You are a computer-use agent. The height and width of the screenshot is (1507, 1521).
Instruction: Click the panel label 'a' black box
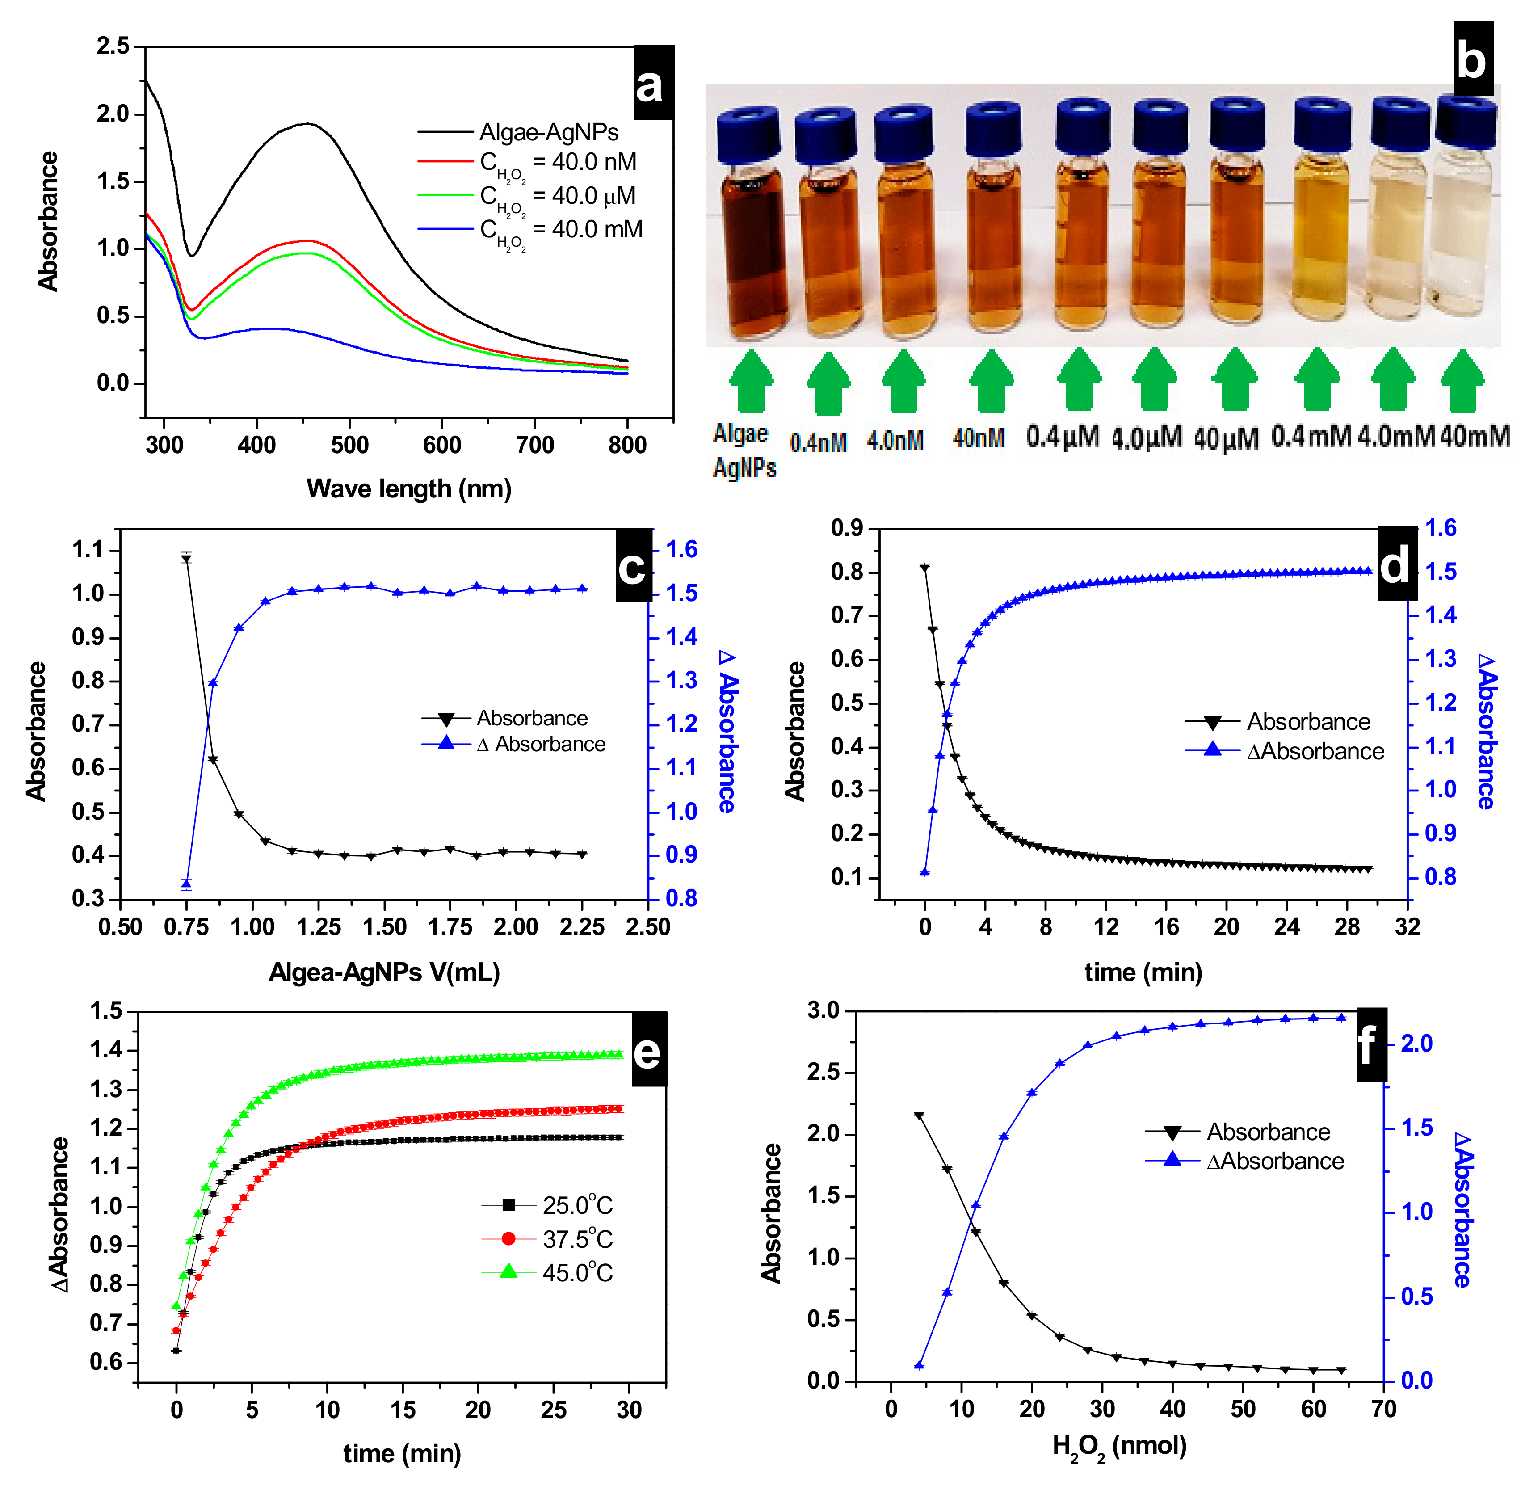653,83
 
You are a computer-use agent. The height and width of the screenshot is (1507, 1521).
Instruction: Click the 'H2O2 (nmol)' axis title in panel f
1119,1446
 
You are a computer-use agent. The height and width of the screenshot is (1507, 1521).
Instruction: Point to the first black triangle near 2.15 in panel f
919,1116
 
